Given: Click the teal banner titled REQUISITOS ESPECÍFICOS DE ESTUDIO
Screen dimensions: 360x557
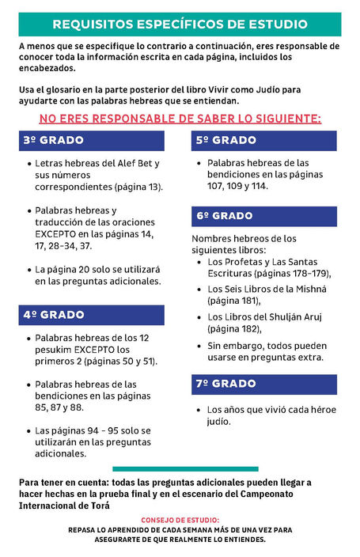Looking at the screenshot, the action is [x=180, y=24].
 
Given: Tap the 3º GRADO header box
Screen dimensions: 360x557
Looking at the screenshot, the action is [x=92, y=141].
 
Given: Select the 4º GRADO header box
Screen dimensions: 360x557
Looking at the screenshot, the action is [x=92, y=314].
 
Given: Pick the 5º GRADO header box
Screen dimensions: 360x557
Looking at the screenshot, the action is [x=264, y=141].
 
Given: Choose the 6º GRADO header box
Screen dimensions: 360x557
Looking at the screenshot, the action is [x=264, y=215].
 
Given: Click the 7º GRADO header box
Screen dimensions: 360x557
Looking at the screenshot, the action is [x=264, y=384].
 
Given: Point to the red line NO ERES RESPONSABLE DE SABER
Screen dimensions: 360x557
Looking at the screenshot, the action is [x=180, y=119].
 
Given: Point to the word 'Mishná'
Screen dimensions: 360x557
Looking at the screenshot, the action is [x=309, y=289].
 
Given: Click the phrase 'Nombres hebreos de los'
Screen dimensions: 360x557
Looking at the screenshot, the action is [x=244, y=238].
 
